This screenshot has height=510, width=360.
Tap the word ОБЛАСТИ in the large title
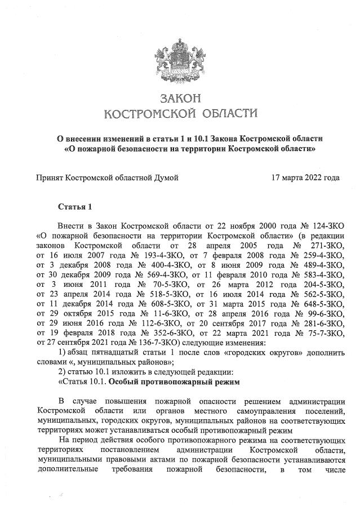226,114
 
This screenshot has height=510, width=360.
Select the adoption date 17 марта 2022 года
305,178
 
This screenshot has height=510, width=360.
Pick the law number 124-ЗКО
323,225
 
